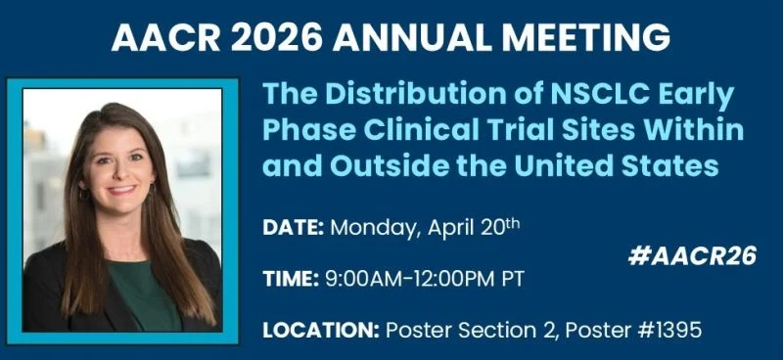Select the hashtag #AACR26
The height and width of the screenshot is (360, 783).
(x=692, y=256)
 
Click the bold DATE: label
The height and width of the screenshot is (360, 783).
(x=294, y=228)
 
